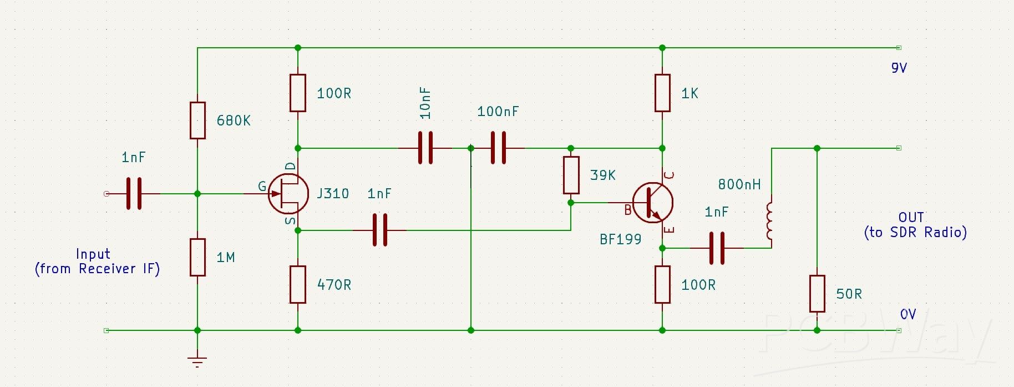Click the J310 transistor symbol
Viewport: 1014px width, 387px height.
(x=288, y=193)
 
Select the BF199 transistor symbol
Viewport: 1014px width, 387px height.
(x=653, y=203)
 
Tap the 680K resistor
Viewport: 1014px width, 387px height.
(x=197, y=120)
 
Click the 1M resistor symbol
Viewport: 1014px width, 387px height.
(x=197, y=257)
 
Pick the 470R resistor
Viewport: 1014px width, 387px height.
(x=298, y=284)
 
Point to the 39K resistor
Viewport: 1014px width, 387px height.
(x=571, y=175)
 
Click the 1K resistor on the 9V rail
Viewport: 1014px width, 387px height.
(x=662, y=93)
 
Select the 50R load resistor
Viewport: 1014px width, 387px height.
(x=817, y=293)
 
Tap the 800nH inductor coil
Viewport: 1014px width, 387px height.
(x=770, y=221)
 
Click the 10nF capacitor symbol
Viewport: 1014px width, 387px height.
(x=425, y=148)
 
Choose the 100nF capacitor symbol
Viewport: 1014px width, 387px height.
(x=498, y=148)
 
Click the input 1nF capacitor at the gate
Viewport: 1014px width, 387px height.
(x=134, y=193)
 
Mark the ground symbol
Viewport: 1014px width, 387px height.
(x=197, y=361)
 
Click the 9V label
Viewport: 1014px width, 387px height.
(x=899, y=68)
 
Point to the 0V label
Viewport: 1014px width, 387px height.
(x=907, y=314)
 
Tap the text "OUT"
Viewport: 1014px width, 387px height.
(x=911, y=217)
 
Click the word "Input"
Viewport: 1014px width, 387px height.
(x=93, y=254)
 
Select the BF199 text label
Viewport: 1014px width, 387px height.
(x=620, y=239)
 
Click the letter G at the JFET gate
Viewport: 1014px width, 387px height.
(x=262, y=187)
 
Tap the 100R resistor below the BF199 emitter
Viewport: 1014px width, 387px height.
(x=662, y=284)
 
